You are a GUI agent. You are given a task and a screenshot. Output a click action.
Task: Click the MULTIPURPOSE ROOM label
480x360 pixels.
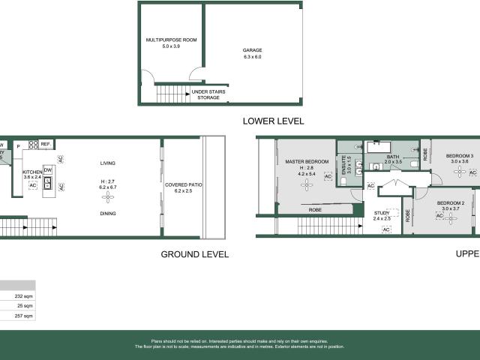tap(171, 40)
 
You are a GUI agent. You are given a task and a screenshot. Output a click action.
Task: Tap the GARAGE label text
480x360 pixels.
tap(252, 50)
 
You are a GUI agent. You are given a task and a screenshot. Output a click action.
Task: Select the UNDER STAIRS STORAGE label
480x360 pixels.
tap(208, 94)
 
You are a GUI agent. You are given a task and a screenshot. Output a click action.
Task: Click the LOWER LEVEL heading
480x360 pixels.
tap(272, 121)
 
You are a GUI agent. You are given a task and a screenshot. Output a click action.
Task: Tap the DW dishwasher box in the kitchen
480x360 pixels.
tap(48, 169)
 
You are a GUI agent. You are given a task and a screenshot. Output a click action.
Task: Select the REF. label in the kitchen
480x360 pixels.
tap(46, 144)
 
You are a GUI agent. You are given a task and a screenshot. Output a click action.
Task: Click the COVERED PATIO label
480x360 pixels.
tap(184, 184)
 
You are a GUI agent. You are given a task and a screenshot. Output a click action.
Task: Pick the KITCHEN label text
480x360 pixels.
tap(32, 172)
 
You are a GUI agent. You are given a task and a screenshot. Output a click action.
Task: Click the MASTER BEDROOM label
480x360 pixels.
tap(307, 161)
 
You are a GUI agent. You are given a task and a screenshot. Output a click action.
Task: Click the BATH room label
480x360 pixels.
tap(393, 156)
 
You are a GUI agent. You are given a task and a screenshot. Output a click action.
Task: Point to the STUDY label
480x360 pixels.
tap(382, 214)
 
